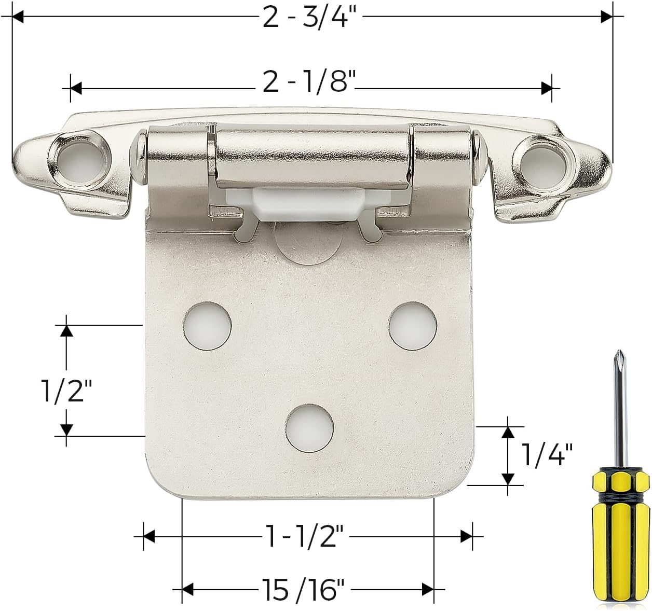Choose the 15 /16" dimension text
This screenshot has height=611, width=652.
pyautogui.click(x=302, y=589)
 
